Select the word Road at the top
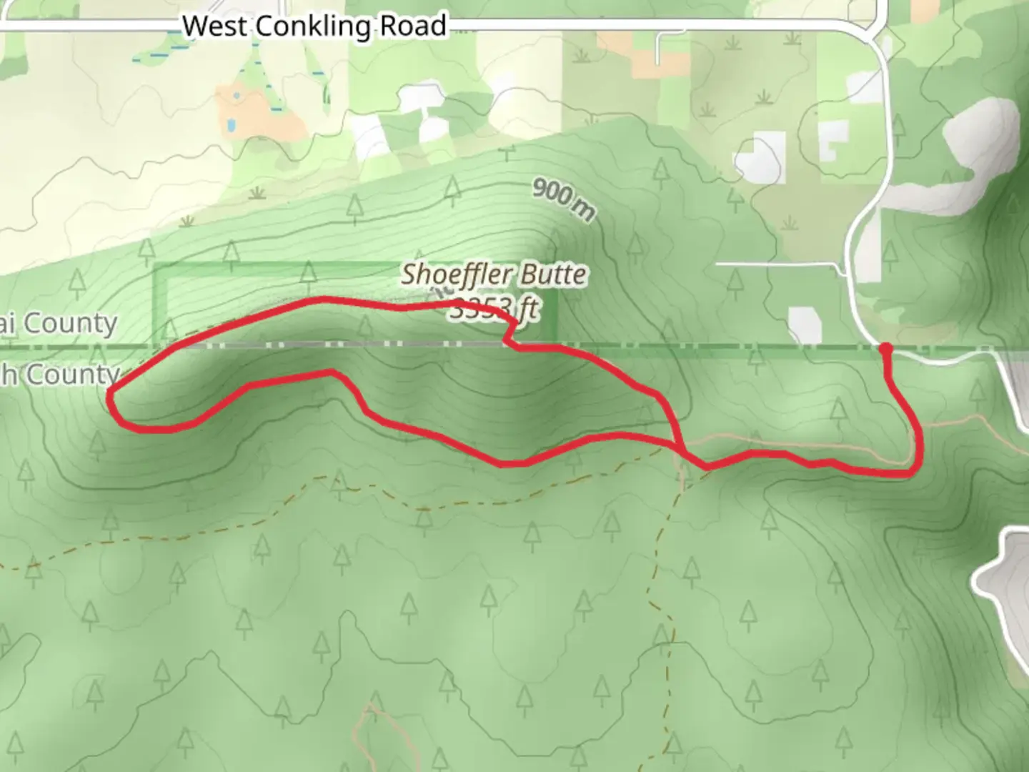[x=414, y=26]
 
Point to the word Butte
[x=554, y=274]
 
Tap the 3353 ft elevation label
[x=494, y=310]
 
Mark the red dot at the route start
[x=885, y=349]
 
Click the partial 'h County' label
[x=60, y=374]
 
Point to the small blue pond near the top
[x=231, y=127]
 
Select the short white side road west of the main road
[x=779, y=265]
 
